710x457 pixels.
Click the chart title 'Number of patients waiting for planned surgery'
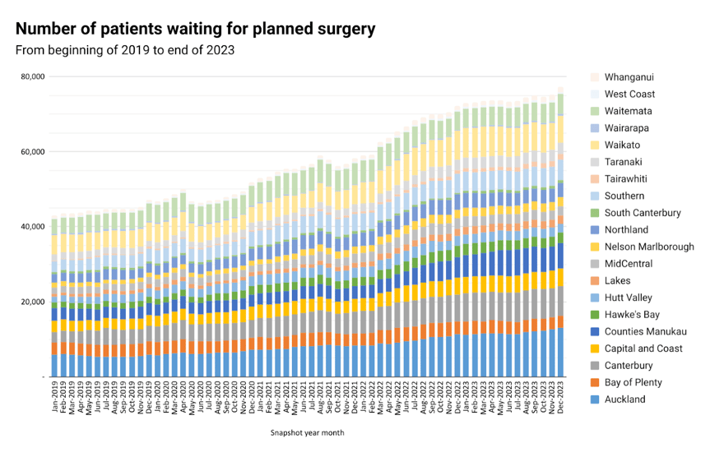point(195,29)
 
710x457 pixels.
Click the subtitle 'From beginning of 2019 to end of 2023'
point(125,50)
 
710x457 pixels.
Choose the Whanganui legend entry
point(629,77)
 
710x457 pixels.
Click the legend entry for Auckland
point(624,400)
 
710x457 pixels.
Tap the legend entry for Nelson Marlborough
point(648,247)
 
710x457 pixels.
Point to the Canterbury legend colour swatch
point(595,366)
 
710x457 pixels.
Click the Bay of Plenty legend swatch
point(595,383)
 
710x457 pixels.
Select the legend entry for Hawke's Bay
point(632,315)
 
